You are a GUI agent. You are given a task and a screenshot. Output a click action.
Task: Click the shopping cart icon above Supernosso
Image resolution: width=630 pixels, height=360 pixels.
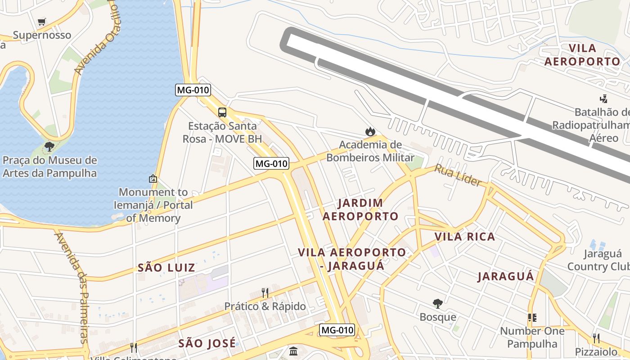click(x=42, y=22)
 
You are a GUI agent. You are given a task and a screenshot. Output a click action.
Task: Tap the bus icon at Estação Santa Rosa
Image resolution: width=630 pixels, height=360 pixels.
click(x=222, y=112)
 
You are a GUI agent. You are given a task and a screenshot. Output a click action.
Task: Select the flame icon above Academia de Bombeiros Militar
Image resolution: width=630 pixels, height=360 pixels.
click(x=370, y=131)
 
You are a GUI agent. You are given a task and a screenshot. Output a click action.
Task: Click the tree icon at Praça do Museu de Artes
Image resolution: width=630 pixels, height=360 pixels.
click(x=49, y=147)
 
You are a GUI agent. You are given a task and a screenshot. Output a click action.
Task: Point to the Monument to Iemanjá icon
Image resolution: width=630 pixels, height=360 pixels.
click(x=153, y=179)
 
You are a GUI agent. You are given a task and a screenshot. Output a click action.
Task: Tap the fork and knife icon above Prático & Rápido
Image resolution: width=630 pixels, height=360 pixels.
click(x=265, y=293)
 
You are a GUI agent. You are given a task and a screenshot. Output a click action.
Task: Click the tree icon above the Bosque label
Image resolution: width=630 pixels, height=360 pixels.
click(x=437, y=304)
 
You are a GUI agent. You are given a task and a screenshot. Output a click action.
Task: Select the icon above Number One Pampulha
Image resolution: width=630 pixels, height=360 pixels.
click(x=532, y=318)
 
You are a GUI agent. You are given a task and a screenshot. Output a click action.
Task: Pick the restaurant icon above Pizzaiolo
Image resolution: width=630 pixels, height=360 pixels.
click(x=596, y=338)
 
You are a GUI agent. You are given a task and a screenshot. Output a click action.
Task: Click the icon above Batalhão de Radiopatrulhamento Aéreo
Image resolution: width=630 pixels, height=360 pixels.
click(x=603, y=99)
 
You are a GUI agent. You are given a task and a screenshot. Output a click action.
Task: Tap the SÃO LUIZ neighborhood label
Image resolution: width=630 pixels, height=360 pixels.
click(x=166, y=268)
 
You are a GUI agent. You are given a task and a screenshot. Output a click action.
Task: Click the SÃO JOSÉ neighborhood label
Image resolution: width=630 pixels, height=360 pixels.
click(x=207, y=343)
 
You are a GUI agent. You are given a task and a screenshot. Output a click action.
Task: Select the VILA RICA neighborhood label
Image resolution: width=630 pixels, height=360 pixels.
click(x=464, y=237)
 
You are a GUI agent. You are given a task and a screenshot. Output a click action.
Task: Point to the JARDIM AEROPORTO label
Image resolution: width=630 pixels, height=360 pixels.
click(x=360, y=210)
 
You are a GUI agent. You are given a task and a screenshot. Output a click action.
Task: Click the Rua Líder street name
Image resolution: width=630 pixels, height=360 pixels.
click(x=458, y=175)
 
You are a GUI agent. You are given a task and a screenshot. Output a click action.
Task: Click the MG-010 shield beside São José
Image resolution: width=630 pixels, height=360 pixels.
click(x=337, y=330)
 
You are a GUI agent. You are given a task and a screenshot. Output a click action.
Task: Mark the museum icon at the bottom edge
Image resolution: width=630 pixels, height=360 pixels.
click(x=293, y=351)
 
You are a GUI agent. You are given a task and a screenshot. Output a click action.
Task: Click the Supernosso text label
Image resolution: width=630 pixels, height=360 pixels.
click(x=42, y=35)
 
